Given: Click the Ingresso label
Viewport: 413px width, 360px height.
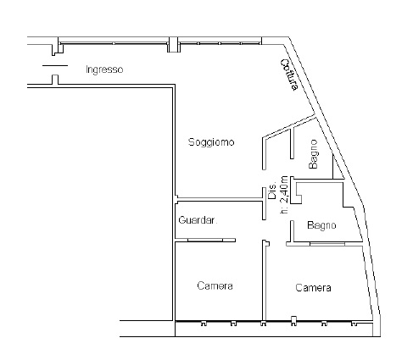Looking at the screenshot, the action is pos(104,69).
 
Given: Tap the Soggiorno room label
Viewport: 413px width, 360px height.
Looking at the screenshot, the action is pos(211,141).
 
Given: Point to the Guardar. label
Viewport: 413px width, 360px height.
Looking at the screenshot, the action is pos(198,220).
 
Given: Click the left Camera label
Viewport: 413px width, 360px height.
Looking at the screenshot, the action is pos(215,285).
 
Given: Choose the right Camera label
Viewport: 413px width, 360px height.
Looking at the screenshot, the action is pos(313,288).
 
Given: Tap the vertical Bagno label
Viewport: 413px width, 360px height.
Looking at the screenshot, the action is pos(313,154).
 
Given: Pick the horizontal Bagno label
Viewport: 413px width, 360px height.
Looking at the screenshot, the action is pos(321,225).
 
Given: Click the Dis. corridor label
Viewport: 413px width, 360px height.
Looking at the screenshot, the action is pos(272,191).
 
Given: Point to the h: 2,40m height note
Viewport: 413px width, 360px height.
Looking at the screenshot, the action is pos(284,195).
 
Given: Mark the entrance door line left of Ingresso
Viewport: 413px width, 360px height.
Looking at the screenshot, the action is pos(55,65).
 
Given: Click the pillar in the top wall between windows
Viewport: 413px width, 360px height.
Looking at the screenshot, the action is pos(173,45).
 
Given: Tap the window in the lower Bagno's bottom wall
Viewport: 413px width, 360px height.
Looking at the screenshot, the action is pos(327,244).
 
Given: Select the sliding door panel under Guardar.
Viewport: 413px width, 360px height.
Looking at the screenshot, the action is pos(205,241).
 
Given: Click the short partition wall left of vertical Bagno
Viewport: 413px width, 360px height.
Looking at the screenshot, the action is pos(292,143).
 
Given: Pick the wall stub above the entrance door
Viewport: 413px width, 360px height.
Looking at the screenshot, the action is pos(58,50).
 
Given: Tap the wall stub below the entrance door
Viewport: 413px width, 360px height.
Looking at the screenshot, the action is pos(55,80).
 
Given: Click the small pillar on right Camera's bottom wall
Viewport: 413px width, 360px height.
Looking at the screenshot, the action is pos(294,321).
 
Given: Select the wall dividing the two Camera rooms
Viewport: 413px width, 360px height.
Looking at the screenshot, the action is pos(265,281).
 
